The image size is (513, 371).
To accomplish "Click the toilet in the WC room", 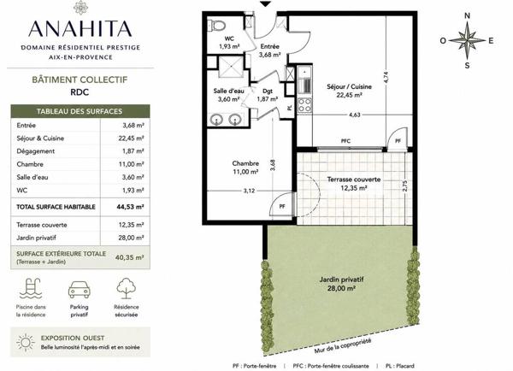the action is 217,25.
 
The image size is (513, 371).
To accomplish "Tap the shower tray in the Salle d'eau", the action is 231,67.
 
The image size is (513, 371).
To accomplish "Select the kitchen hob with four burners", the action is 304,105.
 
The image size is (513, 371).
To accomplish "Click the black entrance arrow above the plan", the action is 266,4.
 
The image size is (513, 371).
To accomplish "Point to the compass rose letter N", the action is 467,15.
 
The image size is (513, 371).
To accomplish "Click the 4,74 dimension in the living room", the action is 386,77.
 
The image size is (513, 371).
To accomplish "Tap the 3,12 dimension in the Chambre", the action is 249,191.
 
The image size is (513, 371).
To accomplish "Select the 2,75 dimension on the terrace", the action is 405,185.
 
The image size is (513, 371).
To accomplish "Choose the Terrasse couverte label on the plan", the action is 354,180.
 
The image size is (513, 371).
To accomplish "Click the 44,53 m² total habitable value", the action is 130,207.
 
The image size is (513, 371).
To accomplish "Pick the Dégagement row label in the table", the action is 36,151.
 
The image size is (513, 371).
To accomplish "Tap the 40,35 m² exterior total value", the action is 130,257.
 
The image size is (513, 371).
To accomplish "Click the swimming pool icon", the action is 31,288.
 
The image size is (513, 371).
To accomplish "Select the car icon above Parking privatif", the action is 80,289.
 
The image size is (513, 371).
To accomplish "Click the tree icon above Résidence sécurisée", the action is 127,288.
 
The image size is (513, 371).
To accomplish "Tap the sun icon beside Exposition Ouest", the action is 25,342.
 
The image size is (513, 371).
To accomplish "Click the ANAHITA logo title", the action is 80,29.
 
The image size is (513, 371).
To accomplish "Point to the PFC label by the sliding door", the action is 345,141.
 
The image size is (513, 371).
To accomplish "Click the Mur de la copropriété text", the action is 343,345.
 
